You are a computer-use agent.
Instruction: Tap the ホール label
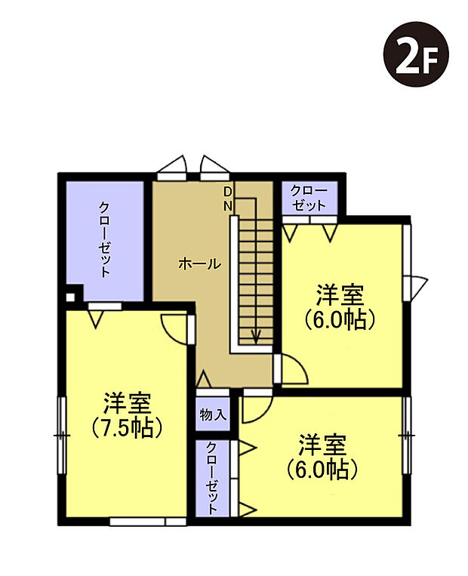pyautogui.click(x=199, y=263)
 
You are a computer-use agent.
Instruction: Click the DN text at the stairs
pyautogui.click(x=227, y=198)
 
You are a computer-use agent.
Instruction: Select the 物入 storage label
pyautogui.click(x=211, y=414)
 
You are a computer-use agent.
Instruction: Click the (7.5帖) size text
pyautogui.click(x=128, y=428)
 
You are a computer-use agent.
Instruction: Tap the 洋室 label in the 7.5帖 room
pyautogui.click(x=128, y=402)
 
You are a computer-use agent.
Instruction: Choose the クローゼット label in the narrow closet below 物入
pyautogui.click(x=212, y=478)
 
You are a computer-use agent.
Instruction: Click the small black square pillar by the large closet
pyautogui.click(x=69, y=297)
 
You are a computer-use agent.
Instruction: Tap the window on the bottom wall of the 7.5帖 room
pyautogui.click(x=147, y=521)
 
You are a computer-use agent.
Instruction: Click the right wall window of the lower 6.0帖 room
pyautogui.click(x=408, y=436)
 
